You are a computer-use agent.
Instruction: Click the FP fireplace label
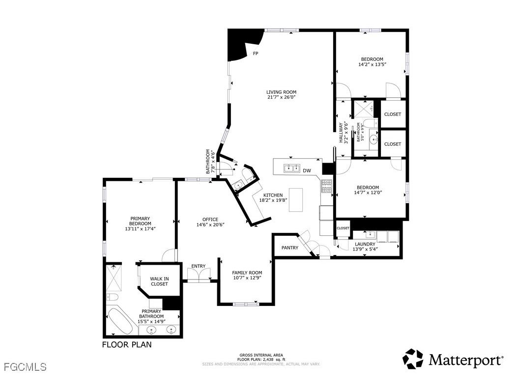point(256,54)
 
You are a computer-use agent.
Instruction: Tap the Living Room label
point(281,92)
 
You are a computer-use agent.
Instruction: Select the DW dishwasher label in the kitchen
point(307,171)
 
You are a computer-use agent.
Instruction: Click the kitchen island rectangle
point(296,200)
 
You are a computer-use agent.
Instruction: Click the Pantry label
point(290,248)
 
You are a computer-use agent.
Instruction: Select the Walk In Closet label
point(159,281)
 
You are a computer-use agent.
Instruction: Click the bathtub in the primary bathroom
point(119,321)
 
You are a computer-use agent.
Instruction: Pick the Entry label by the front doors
point(199,266)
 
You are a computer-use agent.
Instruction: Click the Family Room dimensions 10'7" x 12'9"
point(247,278)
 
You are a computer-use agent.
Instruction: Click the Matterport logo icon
point(413,359)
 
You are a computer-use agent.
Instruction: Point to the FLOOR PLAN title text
point(127,345)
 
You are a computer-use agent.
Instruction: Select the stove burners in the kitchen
point(326,186)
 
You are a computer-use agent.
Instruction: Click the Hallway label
point(340,132)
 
